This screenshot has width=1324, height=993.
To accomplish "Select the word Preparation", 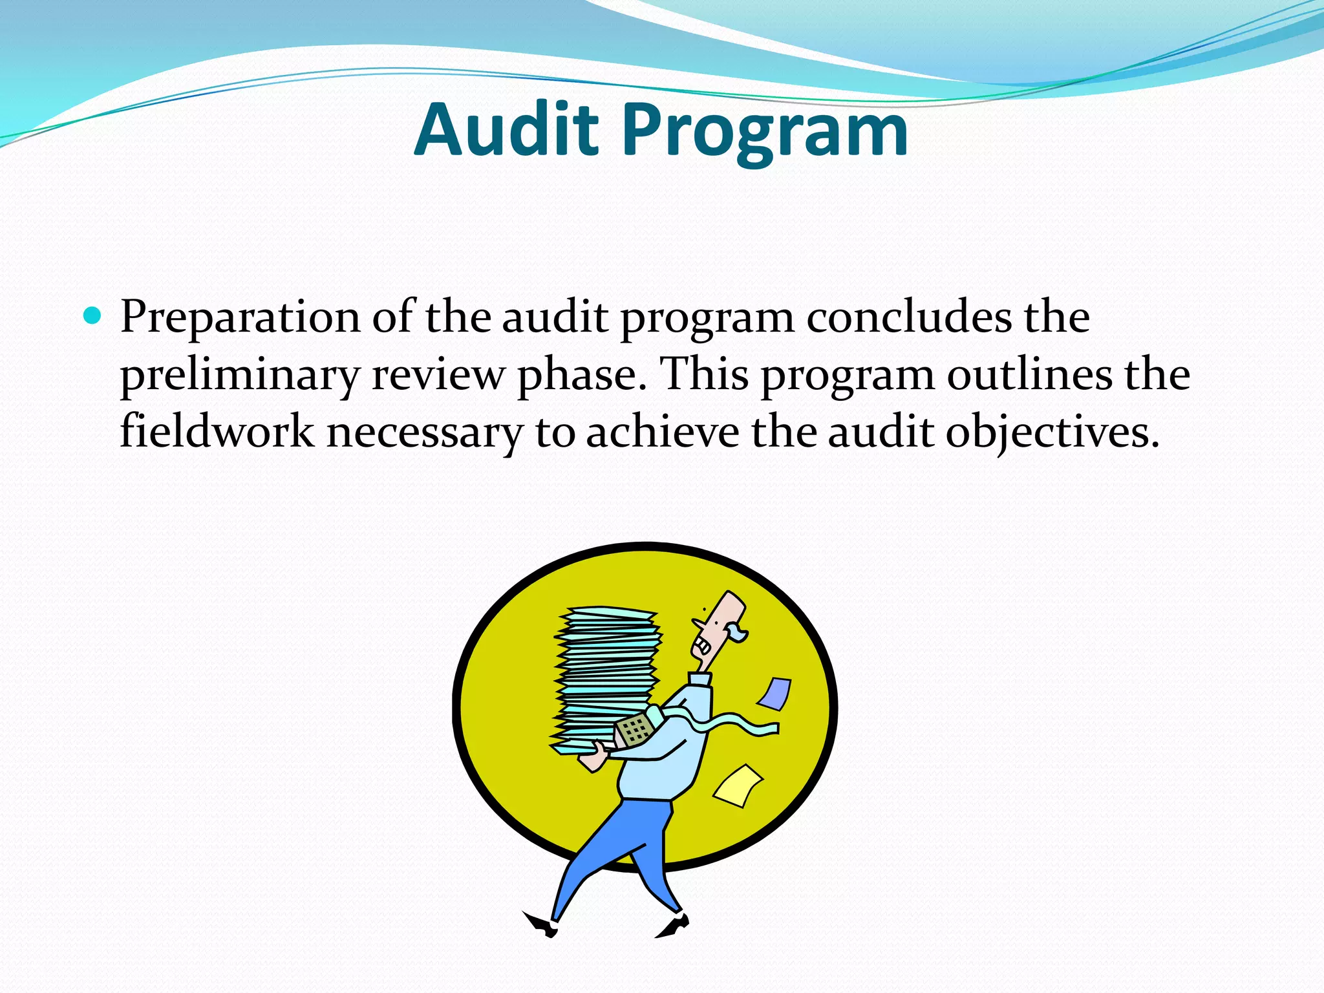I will tap(240, 318).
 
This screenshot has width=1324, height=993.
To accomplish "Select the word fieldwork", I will tap(217, 432).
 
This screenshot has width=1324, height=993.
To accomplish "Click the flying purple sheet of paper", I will tap(774, 694).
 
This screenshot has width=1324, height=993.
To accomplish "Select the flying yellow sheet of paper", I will tap(738, 785).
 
